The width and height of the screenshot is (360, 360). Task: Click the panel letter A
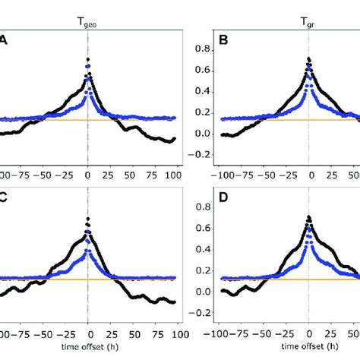(x=5, y=43)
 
